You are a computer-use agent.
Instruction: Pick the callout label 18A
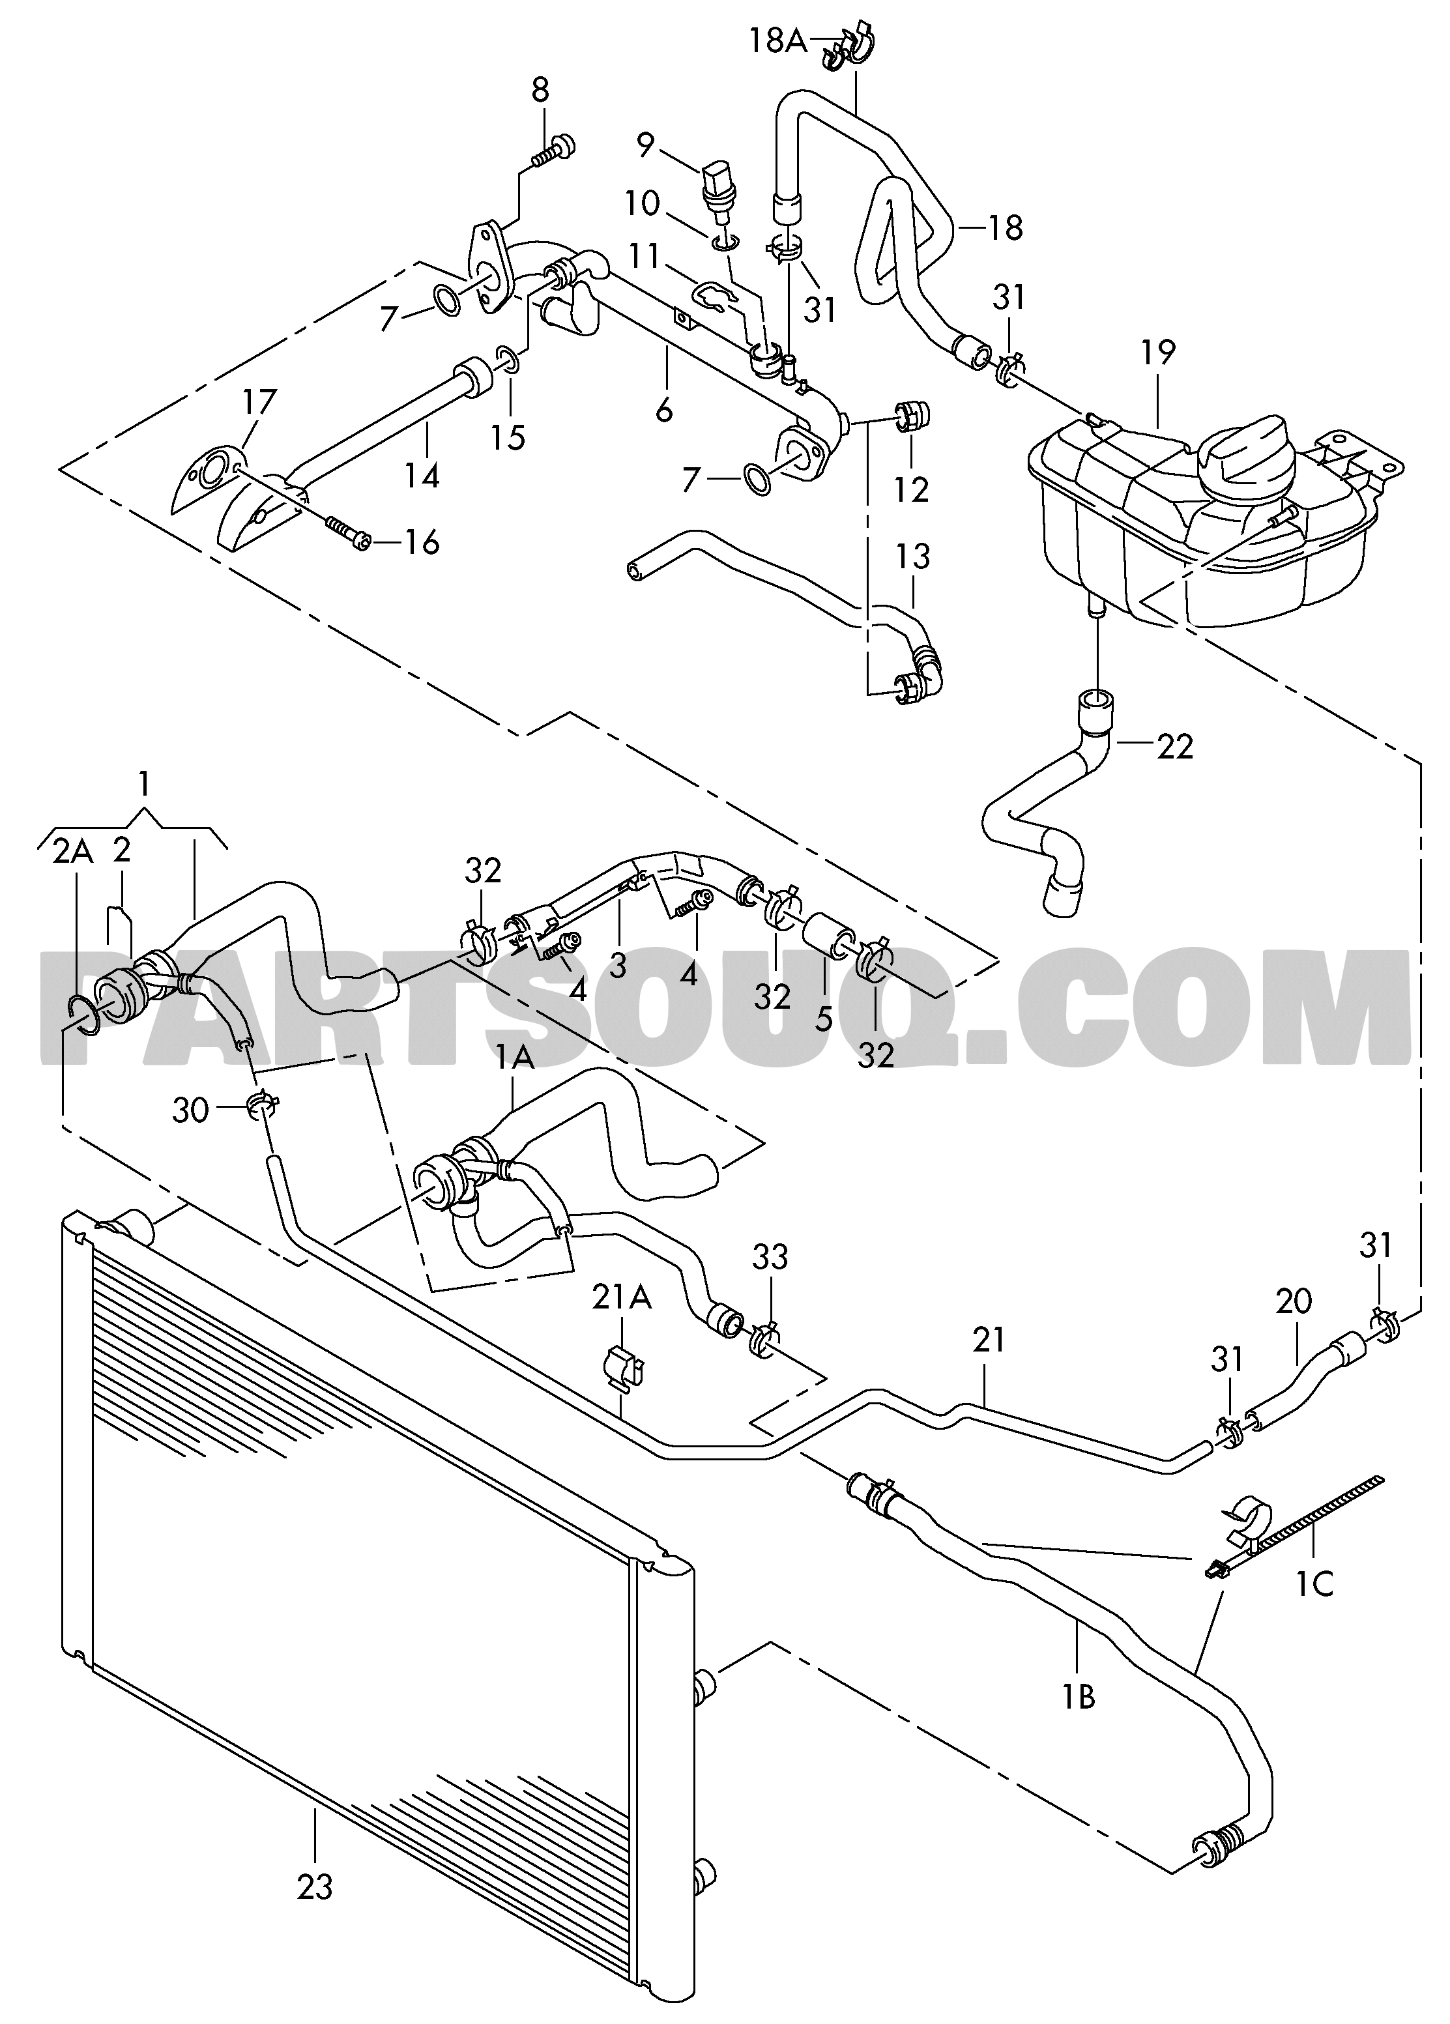(x=776, y=41)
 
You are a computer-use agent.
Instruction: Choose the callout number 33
(x=770, y=1258)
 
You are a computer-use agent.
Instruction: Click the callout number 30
(x=190, y=1111)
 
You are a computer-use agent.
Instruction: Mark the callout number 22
(x=1174, y=745)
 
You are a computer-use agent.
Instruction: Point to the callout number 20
(x=1293, y=1302)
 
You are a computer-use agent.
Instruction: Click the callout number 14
(x=421, y=475)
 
